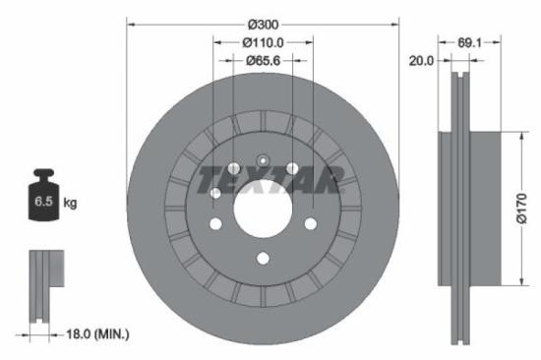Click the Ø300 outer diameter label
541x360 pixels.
263,22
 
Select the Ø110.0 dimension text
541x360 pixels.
263,42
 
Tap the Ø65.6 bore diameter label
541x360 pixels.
263,61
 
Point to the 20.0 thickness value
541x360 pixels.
422,61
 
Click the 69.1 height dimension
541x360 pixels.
469,42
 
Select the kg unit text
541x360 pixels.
70,204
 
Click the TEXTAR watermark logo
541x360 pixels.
268,181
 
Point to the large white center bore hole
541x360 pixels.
263,209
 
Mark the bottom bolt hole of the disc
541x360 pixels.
263,259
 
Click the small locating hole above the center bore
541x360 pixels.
263,161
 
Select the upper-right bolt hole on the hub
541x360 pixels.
292,168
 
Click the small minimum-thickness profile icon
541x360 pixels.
41,285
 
